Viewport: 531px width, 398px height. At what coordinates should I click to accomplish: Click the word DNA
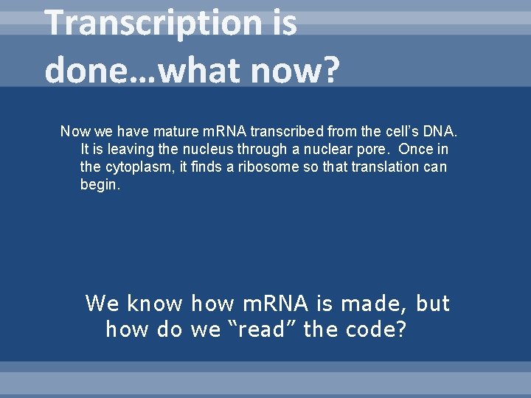tap(441, 132)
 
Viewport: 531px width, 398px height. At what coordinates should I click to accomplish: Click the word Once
tap(414, 150)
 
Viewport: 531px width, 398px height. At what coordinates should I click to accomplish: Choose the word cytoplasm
tap(136, 167)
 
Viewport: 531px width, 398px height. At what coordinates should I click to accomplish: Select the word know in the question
tap(154, 304)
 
